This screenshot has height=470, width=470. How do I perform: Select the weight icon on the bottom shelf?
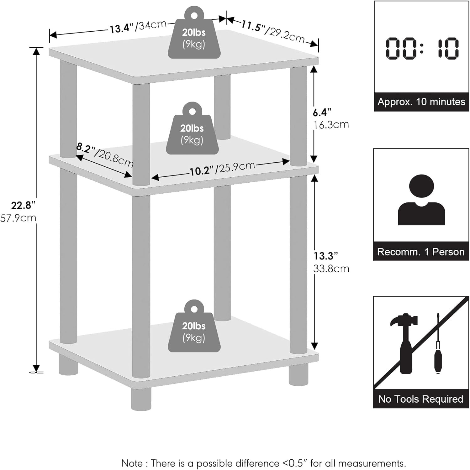(x=194, y=327)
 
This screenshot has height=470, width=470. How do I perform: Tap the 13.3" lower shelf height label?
(x=326, y=256)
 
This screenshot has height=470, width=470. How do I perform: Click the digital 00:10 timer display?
(x=422, y=49)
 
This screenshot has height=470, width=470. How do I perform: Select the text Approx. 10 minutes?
(x=421, y=102)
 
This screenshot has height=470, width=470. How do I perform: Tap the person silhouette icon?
(x=421, y=200)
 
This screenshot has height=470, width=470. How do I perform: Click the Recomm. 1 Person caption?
(x=421, y=252)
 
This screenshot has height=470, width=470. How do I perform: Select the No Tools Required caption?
(x=421, y=399)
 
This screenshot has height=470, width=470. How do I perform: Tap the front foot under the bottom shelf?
(x=141, y=399)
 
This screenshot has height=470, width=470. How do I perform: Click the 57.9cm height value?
(x=18, y=218)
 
